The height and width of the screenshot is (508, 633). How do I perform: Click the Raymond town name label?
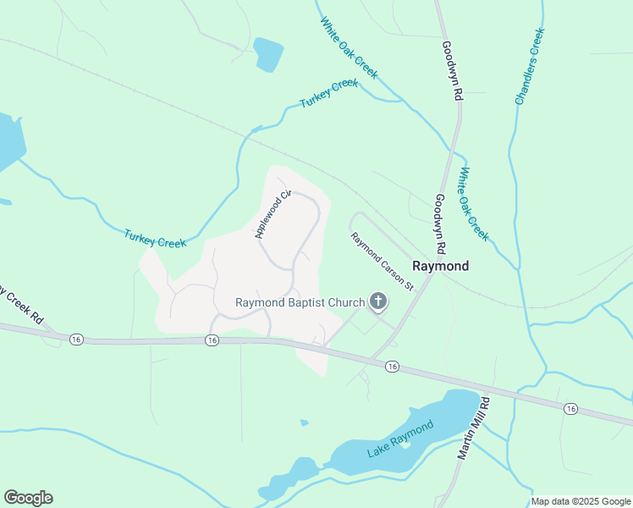(440, 266)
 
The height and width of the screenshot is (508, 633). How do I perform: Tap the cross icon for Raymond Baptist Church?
(377, 301)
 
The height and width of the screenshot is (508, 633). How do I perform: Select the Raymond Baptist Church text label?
(300, 302)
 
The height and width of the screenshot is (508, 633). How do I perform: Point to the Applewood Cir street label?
(272, 215)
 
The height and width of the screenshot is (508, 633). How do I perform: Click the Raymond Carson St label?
(382, 262)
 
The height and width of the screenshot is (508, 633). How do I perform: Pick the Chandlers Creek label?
(530, 67)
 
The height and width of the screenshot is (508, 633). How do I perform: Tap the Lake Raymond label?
(400, 439)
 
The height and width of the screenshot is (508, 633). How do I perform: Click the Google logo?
(28, 498)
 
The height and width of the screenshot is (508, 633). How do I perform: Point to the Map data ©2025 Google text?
(581, 501)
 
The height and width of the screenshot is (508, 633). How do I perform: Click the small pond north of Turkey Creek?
(269, 54)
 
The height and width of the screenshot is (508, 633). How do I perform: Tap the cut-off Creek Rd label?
(20, 306)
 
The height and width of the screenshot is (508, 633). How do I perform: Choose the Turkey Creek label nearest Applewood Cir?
(155, 239)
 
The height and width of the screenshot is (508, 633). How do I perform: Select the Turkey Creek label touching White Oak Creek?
(329, 93)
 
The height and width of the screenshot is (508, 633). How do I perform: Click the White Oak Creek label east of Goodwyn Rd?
(473, 203)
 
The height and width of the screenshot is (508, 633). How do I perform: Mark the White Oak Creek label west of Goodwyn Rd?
(349, 48)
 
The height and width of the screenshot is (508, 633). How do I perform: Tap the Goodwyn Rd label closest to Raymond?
(439, 224)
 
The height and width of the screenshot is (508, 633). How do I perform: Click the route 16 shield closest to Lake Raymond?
(392, 366)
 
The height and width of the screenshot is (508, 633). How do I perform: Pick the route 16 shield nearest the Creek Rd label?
(77, 339)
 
